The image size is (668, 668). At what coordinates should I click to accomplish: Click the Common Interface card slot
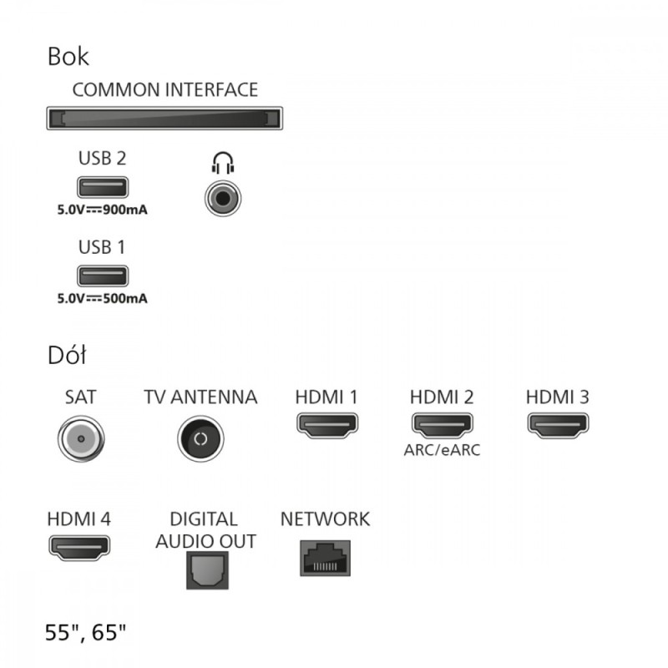164,118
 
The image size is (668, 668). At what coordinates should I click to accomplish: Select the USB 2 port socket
103,187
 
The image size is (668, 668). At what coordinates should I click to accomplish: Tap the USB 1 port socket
103,276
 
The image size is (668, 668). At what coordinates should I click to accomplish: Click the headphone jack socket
223,198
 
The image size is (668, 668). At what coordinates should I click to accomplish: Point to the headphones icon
223,163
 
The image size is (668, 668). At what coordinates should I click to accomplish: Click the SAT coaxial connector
81,439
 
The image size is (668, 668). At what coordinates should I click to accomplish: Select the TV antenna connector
200,439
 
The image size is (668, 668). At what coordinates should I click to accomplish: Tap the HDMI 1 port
327,425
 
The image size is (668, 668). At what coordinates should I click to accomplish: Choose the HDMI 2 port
443,425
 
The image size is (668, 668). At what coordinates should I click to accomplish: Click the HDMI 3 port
558,425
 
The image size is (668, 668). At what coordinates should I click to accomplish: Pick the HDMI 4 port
79,548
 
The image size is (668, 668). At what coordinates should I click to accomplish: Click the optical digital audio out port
207,570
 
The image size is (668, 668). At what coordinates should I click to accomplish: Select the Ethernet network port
325,558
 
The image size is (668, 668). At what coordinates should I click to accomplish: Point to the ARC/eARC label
442,450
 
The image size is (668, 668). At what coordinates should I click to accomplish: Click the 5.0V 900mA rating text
102,210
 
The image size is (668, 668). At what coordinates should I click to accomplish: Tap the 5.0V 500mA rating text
102,298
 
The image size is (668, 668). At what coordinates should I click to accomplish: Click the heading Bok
68,56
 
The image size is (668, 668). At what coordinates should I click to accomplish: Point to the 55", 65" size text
86,632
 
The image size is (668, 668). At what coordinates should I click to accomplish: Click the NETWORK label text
325,519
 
